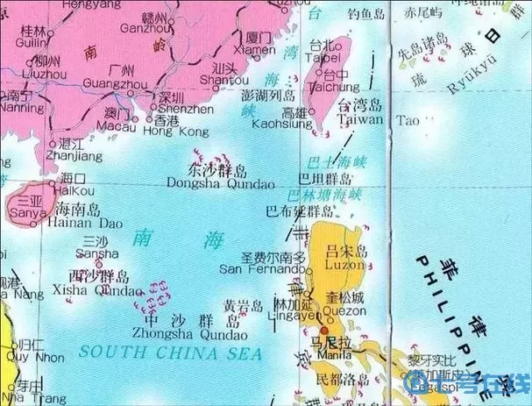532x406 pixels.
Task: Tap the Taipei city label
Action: pos(320,56)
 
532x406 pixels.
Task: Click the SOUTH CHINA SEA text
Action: pos(169,353)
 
